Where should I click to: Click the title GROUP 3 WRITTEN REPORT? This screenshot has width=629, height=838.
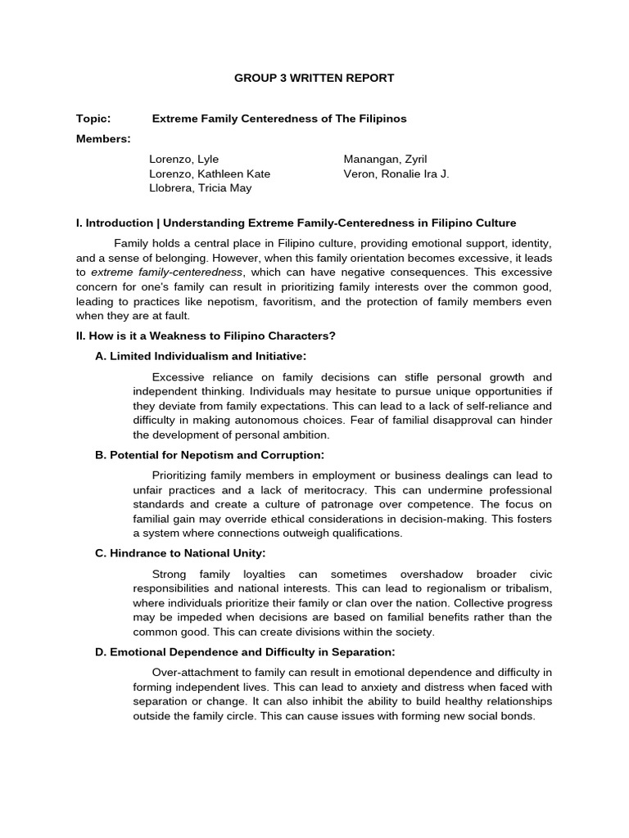point(314,79)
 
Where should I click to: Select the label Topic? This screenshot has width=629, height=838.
point(93,119)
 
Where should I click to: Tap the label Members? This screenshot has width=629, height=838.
point(103,139)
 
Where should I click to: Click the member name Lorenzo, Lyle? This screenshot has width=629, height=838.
point(184,159)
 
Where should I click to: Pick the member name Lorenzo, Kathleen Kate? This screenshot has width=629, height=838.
point(210,173)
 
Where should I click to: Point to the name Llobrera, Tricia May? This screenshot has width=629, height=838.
point(201,188)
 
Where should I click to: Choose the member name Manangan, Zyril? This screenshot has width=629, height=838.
point(386,159)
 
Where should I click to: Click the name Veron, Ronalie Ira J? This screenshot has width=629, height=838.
point(396,173)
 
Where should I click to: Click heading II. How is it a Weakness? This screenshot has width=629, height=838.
point(206,336)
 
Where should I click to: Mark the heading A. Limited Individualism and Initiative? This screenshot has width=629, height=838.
point(201,356)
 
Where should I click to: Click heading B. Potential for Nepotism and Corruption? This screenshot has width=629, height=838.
point(210,455)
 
